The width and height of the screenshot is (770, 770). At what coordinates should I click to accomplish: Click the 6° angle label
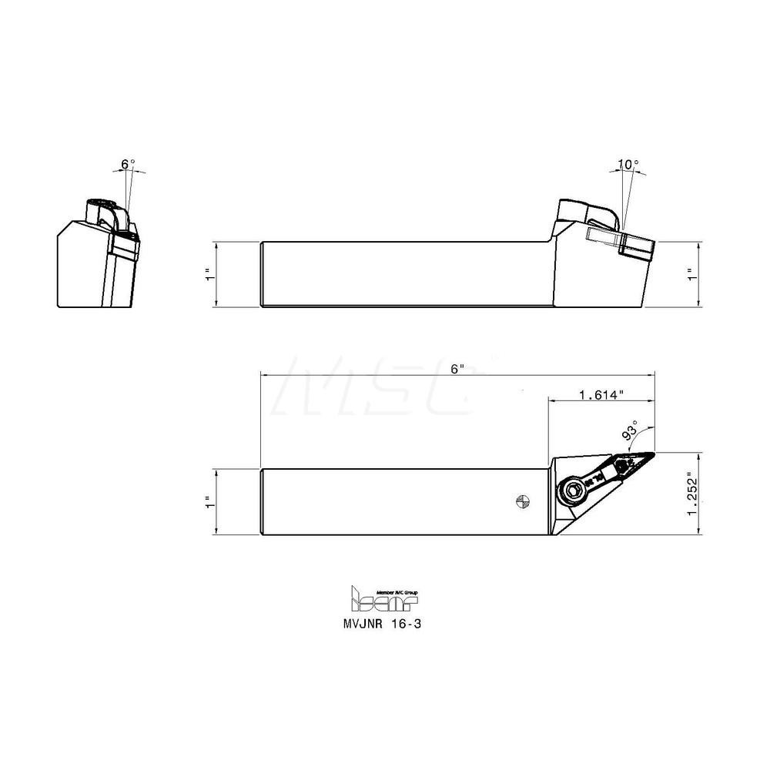128,164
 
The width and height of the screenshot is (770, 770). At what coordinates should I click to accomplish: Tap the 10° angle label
628,165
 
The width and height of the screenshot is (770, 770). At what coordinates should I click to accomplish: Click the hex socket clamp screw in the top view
573,490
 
